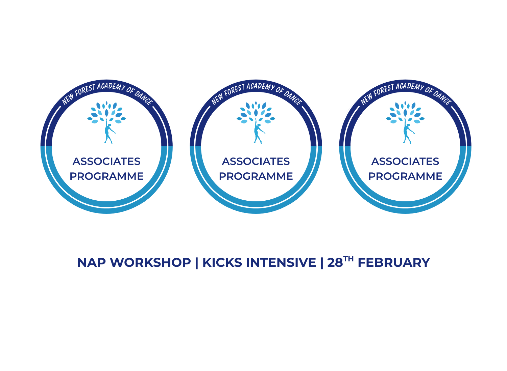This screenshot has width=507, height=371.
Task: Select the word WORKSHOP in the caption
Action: pyautogui.click(x=150, y=263)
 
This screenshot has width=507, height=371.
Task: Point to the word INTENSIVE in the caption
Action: pyautogui.click(x=281, y=263)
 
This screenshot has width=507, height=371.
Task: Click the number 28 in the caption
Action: pyautogui.click(x=335, y=263)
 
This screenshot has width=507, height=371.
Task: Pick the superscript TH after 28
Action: pyautogui.click(x=348, y=259)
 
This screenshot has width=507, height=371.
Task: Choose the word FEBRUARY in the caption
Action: pyautogui.click(x=393, y=263)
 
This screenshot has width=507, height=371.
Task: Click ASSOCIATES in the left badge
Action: pyautogui.click(x=106, y=162)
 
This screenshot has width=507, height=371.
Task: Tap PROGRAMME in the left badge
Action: pyautogui.click(x=106, y=176)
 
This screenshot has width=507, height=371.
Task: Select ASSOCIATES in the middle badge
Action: pyautogui.click(x=256, y=162)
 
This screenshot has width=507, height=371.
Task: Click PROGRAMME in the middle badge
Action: pyautogui.click(x=256, y=176)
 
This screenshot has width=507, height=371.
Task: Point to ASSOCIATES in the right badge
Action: pyautogui.click(x=405, y=162)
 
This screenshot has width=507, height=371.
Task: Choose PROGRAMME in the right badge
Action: pyautogui.click(x=405, y=176)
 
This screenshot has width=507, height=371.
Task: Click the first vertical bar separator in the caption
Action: pyautogui.click(x=197, y=263)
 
